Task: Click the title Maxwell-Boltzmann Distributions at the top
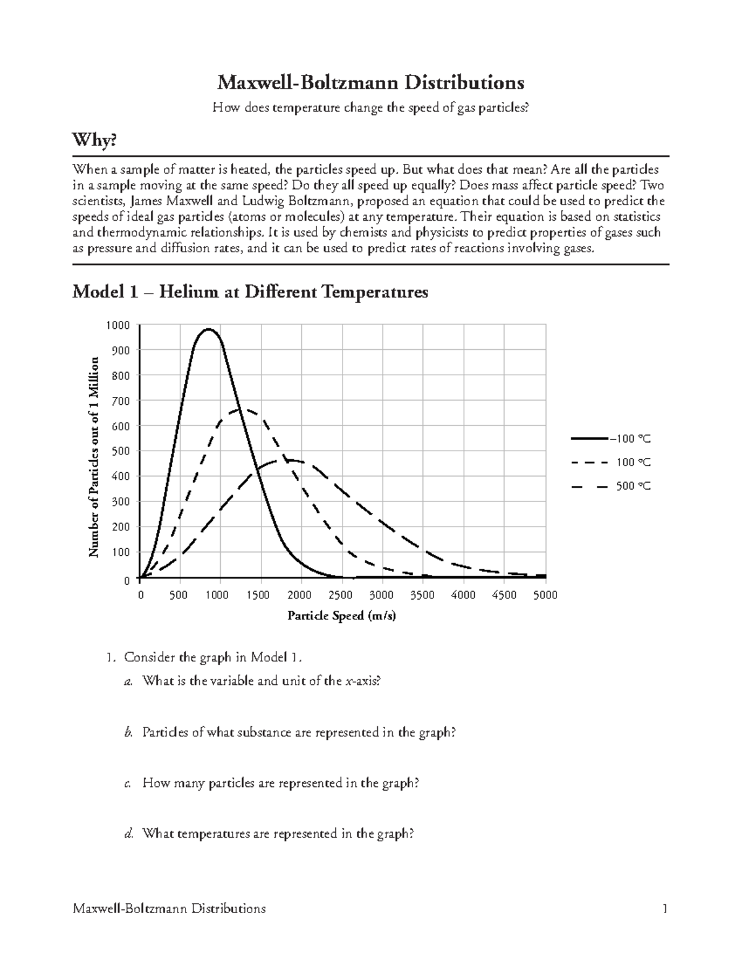(x=370, y=82)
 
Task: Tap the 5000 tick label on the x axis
(x=545, y=595)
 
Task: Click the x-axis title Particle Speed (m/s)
(x=341, y=616)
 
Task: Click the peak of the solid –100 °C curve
(x=209, y=329)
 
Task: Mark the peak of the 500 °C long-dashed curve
(x=291, y=460)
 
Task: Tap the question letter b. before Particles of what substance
(x=129, y=733)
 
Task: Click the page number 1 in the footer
(x=665, y=909)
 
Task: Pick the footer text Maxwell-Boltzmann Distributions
(x=169, y=909)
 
